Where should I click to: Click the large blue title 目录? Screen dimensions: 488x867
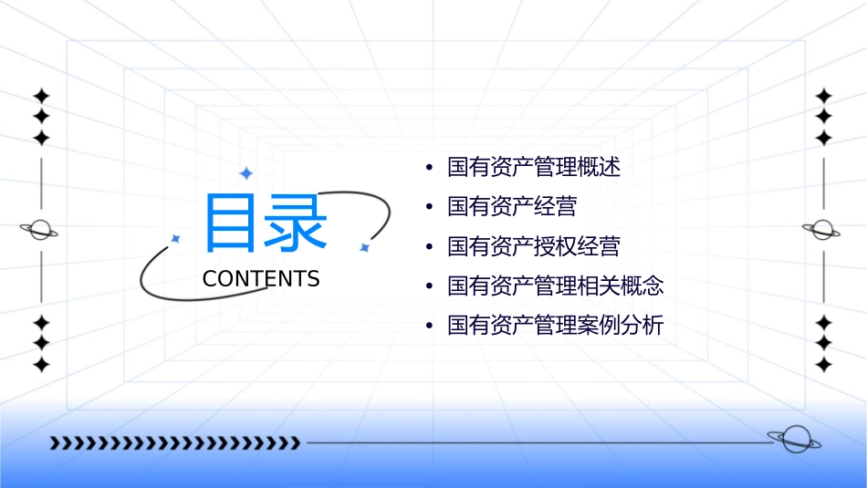point(265,223)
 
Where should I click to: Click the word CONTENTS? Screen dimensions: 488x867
point(261,279)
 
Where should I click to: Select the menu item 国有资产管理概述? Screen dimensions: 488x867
point(534,168)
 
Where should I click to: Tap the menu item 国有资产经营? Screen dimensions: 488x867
point(512,207)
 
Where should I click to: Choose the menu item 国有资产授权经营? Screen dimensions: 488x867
point(534,246)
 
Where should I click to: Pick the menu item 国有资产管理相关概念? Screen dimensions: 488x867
point(556,286)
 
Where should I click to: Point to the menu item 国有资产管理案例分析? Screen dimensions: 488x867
point(556,326)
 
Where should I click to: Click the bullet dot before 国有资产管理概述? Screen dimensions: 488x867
point(429,168)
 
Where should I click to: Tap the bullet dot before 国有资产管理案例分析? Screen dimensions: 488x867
point(429,326)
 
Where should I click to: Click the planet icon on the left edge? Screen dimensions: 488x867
point(40,230)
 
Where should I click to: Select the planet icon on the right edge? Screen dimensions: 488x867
point(822,230)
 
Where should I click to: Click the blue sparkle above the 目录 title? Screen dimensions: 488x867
point(245,173)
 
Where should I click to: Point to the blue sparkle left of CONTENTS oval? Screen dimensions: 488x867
point(176,238)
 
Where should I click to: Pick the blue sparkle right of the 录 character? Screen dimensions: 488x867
point(364,247)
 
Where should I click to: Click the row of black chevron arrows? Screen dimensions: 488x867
point(174,443)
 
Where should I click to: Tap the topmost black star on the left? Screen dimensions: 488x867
point(40,95)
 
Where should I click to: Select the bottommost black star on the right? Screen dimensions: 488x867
point(824,365)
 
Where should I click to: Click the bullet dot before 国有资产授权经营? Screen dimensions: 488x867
point(429,246)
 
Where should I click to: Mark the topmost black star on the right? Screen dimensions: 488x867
point(824,95)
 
